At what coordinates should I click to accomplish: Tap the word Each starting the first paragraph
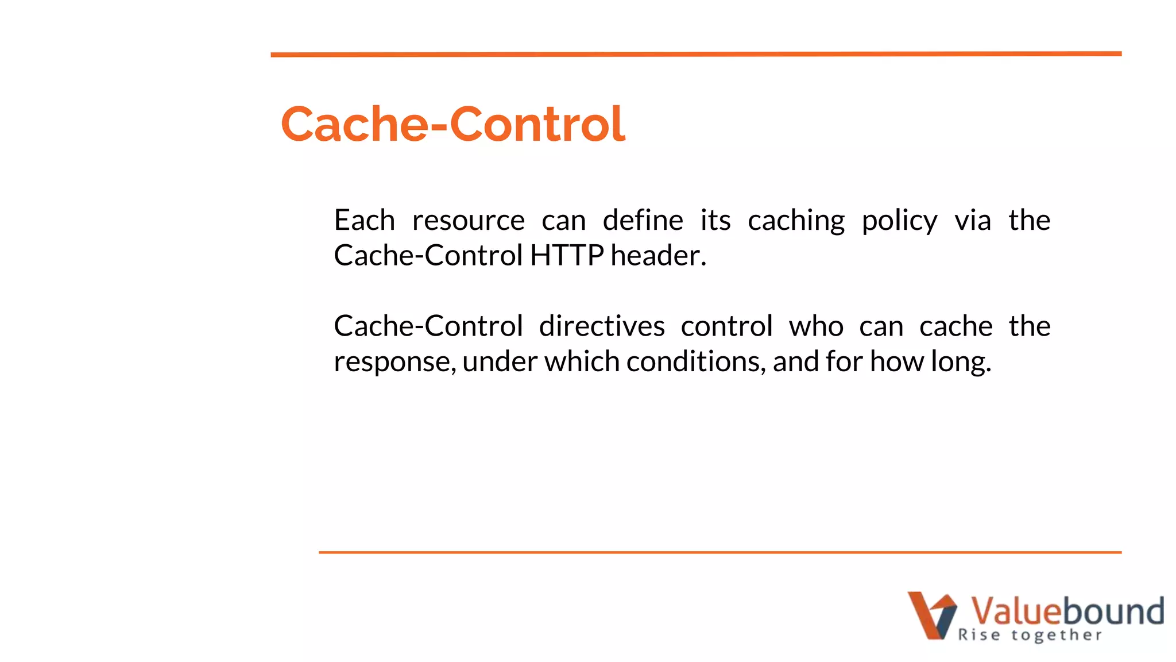coord(364,221)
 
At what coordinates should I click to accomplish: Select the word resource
coord(468,221)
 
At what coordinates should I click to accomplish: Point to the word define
coord(643,221)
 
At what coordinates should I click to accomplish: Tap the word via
coord(973,221)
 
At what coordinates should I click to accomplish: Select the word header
coord(658,256)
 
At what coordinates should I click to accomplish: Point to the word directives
coord(602,326)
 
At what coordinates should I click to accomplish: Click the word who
coord(816,326)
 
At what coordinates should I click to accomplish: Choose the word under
coord(500,362)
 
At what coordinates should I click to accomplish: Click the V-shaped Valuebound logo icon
coord(931,615)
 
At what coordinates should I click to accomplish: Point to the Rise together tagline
coord(1030,635)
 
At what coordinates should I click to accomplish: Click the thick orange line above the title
coord(696,55)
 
